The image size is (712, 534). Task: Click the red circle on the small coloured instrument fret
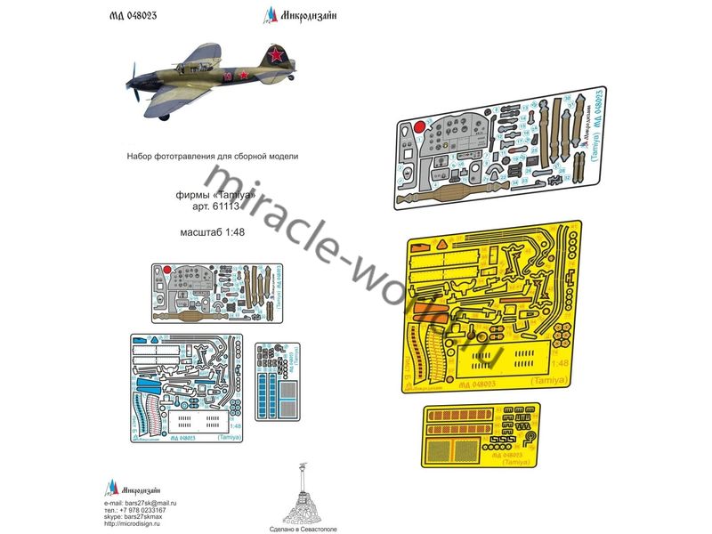click(167, 268)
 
